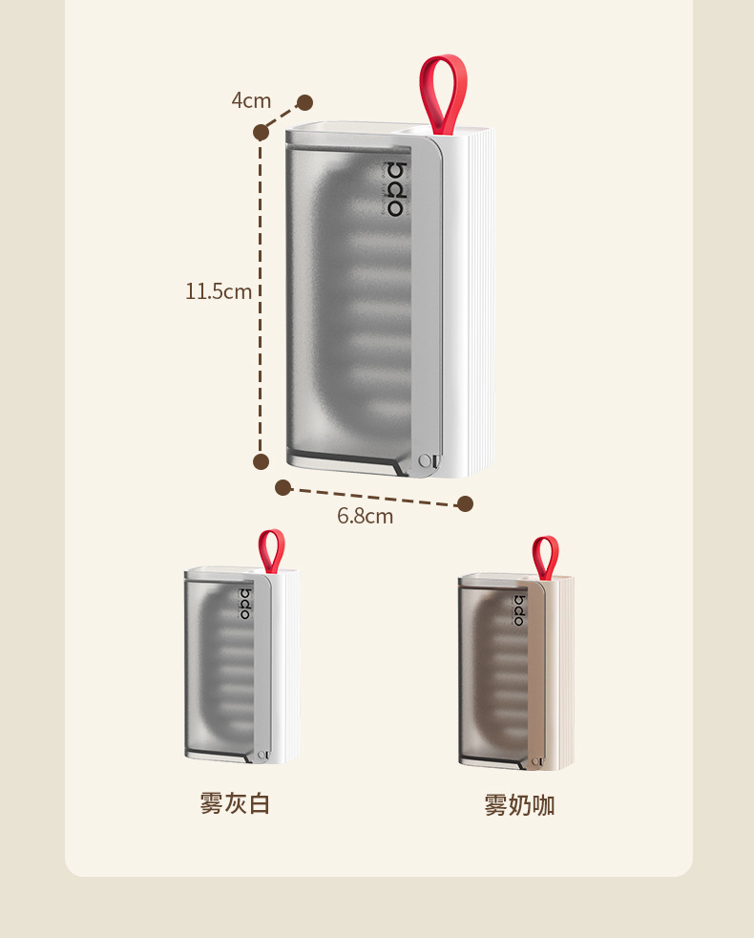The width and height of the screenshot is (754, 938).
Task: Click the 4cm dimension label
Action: point(251,100)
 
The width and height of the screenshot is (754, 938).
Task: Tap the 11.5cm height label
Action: point(219,291)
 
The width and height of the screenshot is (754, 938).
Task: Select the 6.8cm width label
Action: point(365,517)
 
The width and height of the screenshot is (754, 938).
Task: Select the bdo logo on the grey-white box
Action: point(244,604)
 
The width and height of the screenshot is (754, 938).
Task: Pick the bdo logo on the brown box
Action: point(519,610)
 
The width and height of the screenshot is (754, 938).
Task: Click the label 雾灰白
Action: point(235,803)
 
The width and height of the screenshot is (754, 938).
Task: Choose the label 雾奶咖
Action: point(519,805)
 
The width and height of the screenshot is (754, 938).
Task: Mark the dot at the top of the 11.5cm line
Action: point(261,133)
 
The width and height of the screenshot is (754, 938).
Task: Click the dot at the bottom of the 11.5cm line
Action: point(261,461)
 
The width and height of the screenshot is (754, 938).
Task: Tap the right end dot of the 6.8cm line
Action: point(465,503)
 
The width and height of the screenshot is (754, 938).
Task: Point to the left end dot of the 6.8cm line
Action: point(283,487)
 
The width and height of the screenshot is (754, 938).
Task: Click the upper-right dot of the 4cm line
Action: point(304,102)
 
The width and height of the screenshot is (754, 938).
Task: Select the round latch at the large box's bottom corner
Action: point(425,461)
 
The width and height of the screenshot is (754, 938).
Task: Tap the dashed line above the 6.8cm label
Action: point(372,496)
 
